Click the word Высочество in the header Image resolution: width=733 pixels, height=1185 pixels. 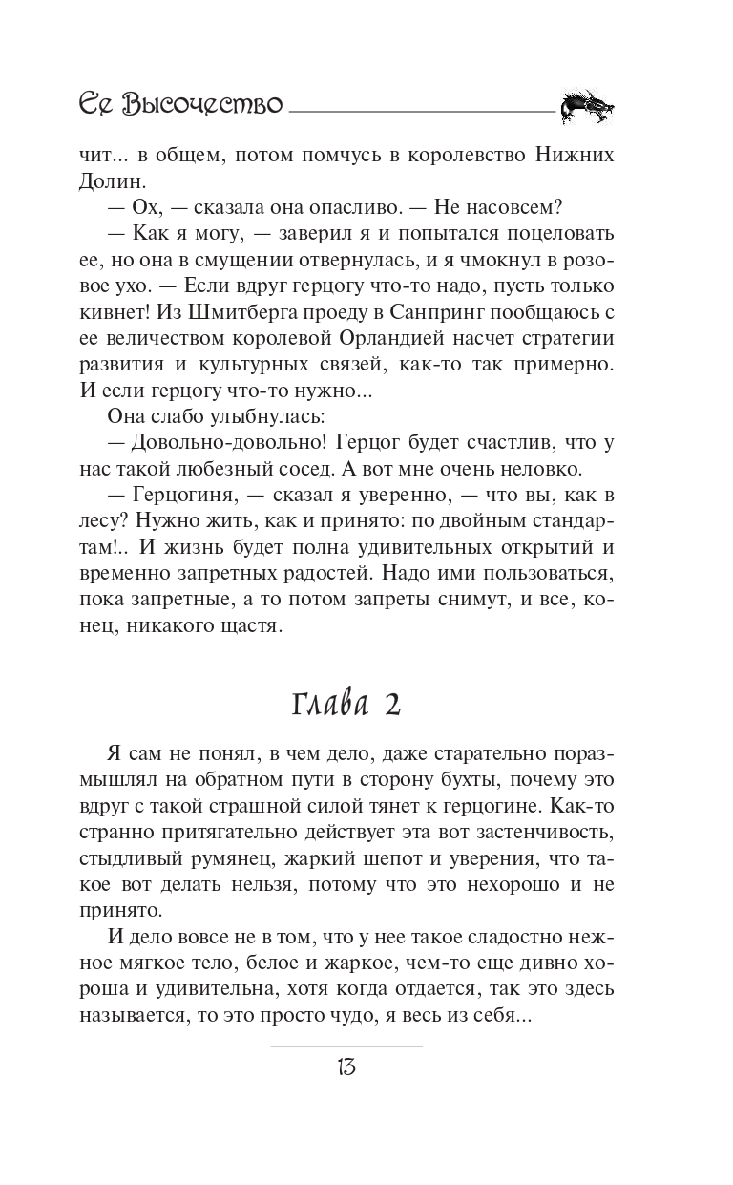pos(203,103)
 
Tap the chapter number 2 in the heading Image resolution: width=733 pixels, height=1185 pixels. pos(392,705)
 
